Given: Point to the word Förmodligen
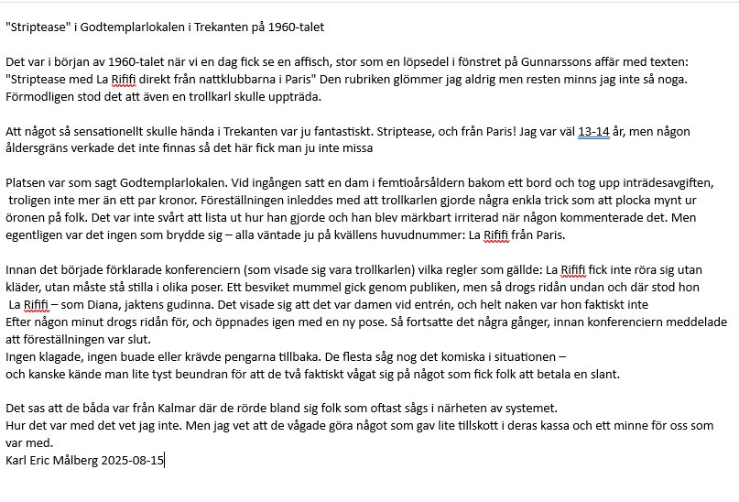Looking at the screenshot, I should click(39, 94).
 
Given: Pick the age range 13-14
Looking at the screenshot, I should click(594, 132).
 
